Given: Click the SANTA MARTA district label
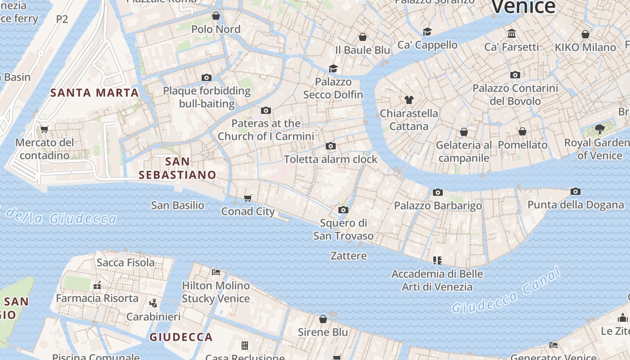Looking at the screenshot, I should (94, 93).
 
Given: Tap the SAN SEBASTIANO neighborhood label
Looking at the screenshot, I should (177, 168).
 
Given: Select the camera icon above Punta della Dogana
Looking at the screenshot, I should (575, 192).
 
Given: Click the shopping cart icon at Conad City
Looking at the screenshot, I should (248, 198).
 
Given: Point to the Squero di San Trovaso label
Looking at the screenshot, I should (343, 229).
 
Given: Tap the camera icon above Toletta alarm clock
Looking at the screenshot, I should (331, 146).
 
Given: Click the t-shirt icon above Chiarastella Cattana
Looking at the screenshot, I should (409, 100).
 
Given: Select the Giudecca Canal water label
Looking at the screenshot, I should (507, 291).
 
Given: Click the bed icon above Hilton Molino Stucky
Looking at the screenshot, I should (216, 272).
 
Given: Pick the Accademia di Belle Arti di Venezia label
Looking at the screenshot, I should (437, 280).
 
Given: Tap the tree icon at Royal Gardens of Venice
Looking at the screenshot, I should (599, 129).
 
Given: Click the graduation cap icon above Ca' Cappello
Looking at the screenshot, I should (427, 31).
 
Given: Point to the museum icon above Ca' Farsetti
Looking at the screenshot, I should (512, 33).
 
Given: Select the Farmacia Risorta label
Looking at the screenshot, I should (97, 298).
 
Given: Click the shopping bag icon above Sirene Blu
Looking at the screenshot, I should (323, 319).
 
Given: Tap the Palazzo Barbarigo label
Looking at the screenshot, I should (438, 206).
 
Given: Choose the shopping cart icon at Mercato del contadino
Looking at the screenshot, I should (44, 130).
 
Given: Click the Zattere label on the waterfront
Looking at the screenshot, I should (349, 256).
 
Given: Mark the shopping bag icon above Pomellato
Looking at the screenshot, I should (522, 131).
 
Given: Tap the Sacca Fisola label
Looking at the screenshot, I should (126, 262).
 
